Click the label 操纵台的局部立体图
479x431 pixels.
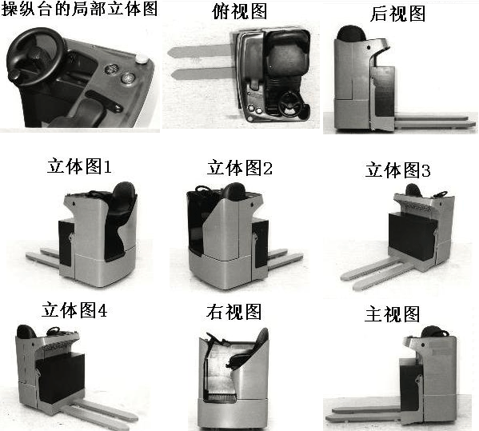tap(79, 8)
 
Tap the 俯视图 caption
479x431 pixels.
tap(240, 11)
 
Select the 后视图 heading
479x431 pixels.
tap(397, 14)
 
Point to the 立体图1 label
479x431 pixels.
tap(79, 166)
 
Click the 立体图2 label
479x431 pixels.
tap(240, 168)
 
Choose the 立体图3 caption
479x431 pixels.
tap(398, 170)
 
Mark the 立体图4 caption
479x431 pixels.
tap(74, 310)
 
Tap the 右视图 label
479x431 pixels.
tap(234, 312)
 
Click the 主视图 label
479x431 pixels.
tap(393, 314)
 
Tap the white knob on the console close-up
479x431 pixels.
tap(141, 58)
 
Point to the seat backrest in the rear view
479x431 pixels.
tap(351, 33)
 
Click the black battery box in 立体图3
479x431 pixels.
tap(412, 236)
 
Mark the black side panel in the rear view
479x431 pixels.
tap(382, 91)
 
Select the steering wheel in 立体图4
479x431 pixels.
tap(53, 331)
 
